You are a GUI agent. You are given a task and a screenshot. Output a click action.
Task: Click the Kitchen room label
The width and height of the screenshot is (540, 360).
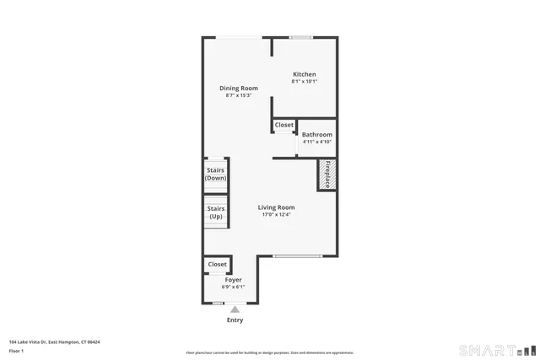coord(304,74)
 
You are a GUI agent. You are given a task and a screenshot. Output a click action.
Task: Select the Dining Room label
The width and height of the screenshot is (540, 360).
coord(239,89)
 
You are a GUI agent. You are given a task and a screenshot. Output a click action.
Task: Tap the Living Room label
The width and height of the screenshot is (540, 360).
coord(276,207)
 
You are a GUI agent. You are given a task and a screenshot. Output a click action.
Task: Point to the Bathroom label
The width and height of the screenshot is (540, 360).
coord(317,135)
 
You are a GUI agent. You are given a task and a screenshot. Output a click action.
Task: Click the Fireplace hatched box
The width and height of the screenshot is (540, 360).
coord(327,174)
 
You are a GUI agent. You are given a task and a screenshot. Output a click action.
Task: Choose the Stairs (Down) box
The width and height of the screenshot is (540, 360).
coord(216,174)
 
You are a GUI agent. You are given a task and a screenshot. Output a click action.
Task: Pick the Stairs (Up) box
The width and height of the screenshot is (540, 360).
coord(216,212)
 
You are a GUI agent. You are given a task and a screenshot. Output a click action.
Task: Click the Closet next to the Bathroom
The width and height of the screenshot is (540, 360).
coord(284,125)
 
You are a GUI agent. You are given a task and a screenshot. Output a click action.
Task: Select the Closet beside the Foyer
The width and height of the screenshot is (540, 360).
coord(218,265)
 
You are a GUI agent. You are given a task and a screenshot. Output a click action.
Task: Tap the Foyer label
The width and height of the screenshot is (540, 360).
coord(233,280)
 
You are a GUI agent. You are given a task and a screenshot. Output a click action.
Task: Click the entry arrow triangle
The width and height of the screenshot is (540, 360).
coord(235,309)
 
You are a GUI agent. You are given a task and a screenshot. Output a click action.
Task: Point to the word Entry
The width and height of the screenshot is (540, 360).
coord(235,320)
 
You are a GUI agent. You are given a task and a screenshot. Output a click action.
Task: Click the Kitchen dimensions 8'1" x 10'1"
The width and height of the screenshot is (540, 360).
coord(304,82)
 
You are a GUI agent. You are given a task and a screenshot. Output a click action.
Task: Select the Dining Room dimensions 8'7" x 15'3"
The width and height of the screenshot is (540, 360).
coord(239,95)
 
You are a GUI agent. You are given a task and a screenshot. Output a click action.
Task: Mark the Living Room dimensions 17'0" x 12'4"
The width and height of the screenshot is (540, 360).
coord(276,215)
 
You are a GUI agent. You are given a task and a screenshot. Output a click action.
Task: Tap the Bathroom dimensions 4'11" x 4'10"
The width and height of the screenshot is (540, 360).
coord(317,142)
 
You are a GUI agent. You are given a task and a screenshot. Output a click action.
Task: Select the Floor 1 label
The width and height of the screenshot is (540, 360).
coord(16,350)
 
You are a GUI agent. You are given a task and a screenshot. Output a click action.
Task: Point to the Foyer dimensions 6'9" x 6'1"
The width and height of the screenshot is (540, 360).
coord(233,287)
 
